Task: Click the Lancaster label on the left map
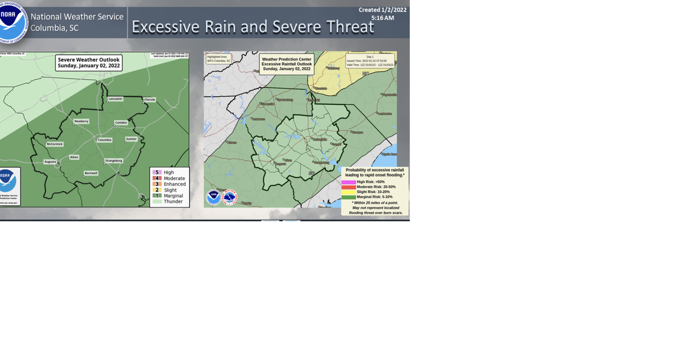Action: (x=115, y=99)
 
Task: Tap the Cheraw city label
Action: (x=149, y=100)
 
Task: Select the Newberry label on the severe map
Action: (x=81, y=122)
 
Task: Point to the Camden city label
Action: (x=121, y=123)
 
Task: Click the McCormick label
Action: (x=55, y=144)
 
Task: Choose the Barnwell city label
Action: (x=91, y=173)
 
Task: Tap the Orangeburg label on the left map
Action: (x=114, y=161)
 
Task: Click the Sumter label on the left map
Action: (x=131, y=139)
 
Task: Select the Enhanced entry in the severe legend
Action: (x=174, y=184)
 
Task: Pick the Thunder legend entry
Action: (x=173, y=202)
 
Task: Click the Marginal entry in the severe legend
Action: (x=173, y=196)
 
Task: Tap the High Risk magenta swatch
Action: (x=349, y=182)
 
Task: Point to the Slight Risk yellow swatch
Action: (x=349, y=192)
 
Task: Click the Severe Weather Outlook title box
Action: (x=89, y=63)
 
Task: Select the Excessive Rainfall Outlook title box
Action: (x=286, y=64)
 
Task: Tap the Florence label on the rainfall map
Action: (x=358, y=132)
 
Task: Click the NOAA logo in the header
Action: (x=13, y=22)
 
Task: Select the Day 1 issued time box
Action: (x=370, y=61)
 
